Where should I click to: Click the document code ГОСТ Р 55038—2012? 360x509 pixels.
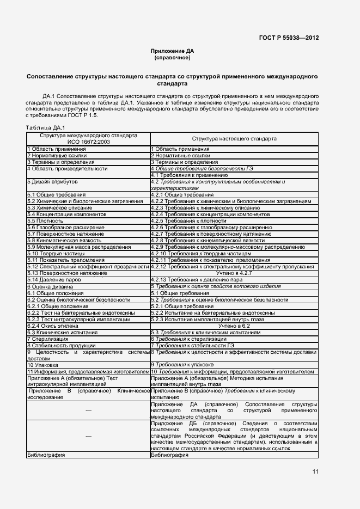pos(289,38)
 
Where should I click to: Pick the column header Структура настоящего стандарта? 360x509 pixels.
pos(234,138)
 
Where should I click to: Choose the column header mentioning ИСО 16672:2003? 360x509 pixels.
pos(88,138)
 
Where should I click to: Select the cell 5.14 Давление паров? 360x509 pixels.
pos(52,279)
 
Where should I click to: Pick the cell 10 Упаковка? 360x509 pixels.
pos(42,364)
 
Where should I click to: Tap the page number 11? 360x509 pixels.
pos(315,471)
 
